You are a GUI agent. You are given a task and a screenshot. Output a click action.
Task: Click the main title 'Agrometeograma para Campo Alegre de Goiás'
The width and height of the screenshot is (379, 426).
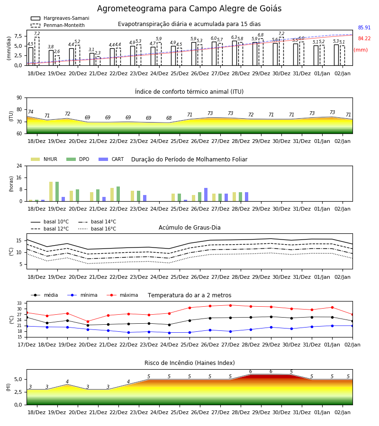(x=189, y=9)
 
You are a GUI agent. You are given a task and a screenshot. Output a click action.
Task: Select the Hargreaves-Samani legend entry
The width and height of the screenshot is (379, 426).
(x=60, y=18)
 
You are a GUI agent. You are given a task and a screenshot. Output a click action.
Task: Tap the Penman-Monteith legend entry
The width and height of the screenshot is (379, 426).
(x=58, y=25)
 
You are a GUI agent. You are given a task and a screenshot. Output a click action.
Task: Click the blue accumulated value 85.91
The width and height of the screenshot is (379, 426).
(x=364, y=28)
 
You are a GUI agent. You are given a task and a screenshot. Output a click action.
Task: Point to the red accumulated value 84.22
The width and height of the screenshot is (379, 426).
(x=364, y=39)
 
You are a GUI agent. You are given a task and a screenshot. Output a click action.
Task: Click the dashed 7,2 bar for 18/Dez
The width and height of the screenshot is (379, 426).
(x=37, y=51)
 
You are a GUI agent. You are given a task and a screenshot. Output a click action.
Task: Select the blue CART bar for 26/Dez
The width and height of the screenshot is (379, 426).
(x=206, y=195)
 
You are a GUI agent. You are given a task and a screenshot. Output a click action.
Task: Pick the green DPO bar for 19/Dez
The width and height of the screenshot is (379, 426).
(x=57, y=192)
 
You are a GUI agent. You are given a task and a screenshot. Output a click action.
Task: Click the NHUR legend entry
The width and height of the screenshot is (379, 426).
(x=44, y=159)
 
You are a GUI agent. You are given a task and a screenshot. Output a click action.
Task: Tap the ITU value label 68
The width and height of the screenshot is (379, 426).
(x=169, y=118)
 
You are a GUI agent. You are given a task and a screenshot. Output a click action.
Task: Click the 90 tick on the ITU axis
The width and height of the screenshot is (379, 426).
(x=19, y=98)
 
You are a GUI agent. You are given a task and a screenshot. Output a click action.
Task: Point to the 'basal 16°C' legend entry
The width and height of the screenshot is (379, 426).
(x=97, y=229)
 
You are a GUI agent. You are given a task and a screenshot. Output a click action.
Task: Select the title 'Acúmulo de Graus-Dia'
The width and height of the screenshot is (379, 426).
(x=189, y=228)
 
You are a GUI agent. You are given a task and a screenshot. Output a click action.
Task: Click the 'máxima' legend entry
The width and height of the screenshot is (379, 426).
(x=122, y=295)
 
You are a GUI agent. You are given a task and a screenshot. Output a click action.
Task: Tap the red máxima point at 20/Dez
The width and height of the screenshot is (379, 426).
(x=88, y=321)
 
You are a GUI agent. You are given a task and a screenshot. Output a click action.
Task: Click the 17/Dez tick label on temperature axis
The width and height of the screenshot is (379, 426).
(x=27, y=345)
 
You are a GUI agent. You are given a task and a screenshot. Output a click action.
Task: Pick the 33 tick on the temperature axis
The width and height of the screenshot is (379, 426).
(x=19, y=303)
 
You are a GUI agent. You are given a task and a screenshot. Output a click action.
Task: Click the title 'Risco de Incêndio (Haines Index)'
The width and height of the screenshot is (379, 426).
(x=189, y=363)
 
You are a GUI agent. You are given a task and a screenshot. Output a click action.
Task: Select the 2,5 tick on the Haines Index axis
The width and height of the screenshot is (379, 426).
(x=18, y=392)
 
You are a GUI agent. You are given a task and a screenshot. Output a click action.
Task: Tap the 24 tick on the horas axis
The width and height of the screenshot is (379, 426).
(x=19, y=166)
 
